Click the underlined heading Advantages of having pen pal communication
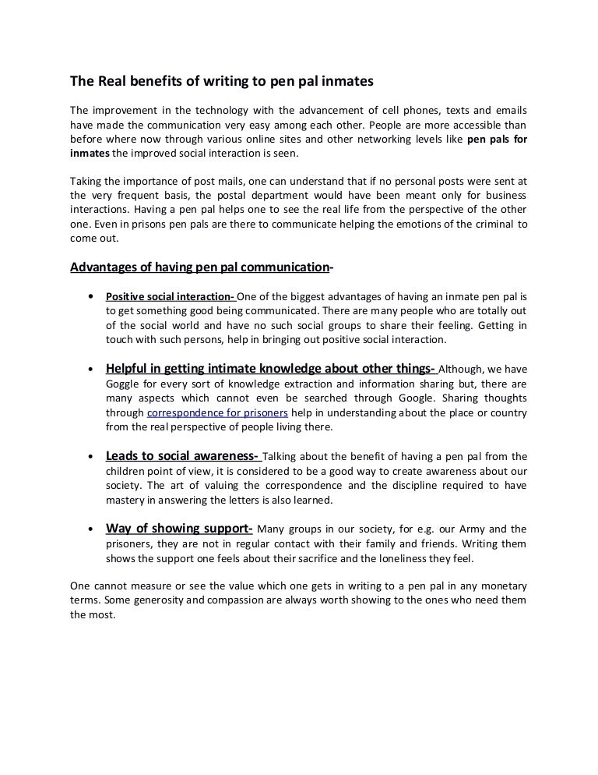pos(199,267)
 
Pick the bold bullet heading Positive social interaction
pos(170,297)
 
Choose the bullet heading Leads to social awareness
pos(184,456)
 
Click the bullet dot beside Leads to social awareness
pos(92,457)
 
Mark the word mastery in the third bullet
pos(126,500)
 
